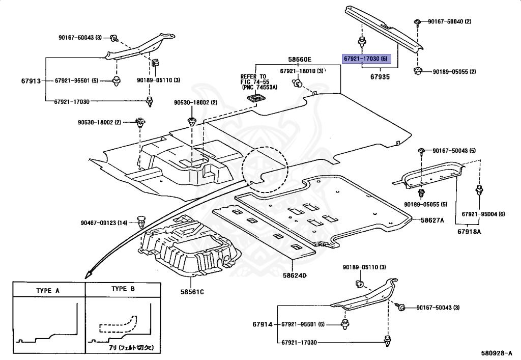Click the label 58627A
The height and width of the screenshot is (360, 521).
(432, 220)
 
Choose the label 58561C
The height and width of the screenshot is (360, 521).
(191, 292)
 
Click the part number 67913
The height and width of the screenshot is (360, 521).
(31, 80)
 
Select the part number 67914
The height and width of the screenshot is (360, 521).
(263, 324)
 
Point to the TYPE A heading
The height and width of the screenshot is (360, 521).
(48, 290)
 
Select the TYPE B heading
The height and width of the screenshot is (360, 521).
(123, 289)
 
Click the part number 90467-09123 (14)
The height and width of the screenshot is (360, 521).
(104, 223)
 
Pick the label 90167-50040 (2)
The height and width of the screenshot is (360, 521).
(449, 21)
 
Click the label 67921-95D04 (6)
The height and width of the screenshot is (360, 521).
(483, 213)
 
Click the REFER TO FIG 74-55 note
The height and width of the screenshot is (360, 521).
(259, 82)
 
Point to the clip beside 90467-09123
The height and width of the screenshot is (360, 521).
(141, 222)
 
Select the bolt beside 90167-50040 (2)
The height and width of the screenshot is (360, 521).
(417, 22)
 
